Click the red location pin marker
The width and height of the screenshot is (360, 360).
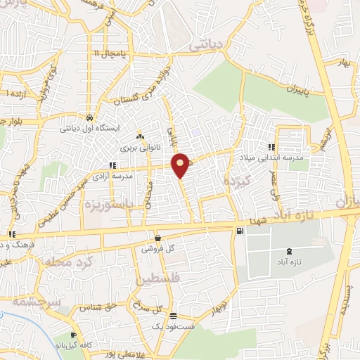pyautogui.click(x=181, y=165)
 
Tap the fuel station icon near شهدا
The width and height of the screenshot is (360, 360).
pyautogui.click(x=241, y=231)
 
